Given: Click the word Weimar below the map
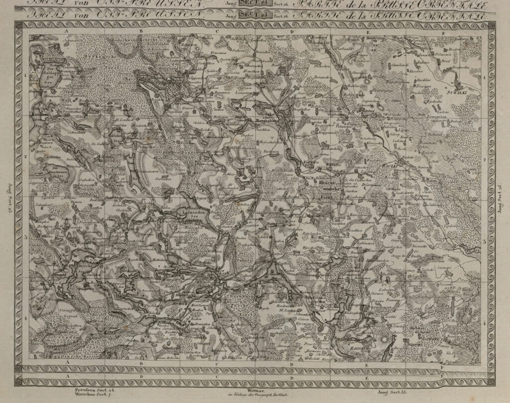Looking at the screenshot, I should click(x=255, y=392).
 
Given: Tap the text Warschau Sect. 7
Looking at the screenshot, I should click(x=89, y=394).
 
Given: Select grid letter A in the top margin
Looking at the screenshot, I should click(x=66, y=30).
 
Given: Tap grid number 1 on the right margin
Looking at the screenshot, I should click(x=485, y=78).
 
